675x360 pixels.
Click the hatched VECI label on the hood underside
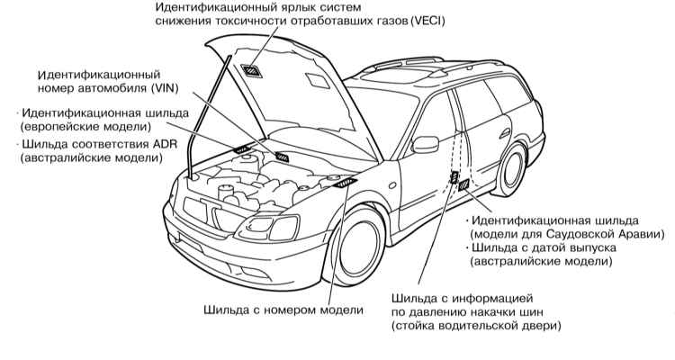click(x=251, y=70)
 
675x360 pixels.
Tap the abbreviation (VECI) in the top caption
click(x=427, y=21)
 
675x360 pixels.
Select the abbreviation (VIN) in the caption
click(x=165, y=88)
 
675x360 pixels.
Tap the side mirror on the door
click(x=426, y=144)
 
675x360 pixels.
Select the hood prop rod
click(x=208, y=115)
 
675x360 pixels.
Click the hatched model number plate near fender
click(x=346, y=183)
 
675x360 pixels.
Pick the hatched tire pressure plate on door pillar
click(x=454, y=176)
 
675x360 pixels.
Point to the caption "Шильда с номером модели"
click(x=283, y=310)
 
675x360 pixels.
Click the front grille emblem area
click(x=214, y=211)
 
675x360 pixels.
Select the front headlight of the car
click(x=270, y=227)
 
